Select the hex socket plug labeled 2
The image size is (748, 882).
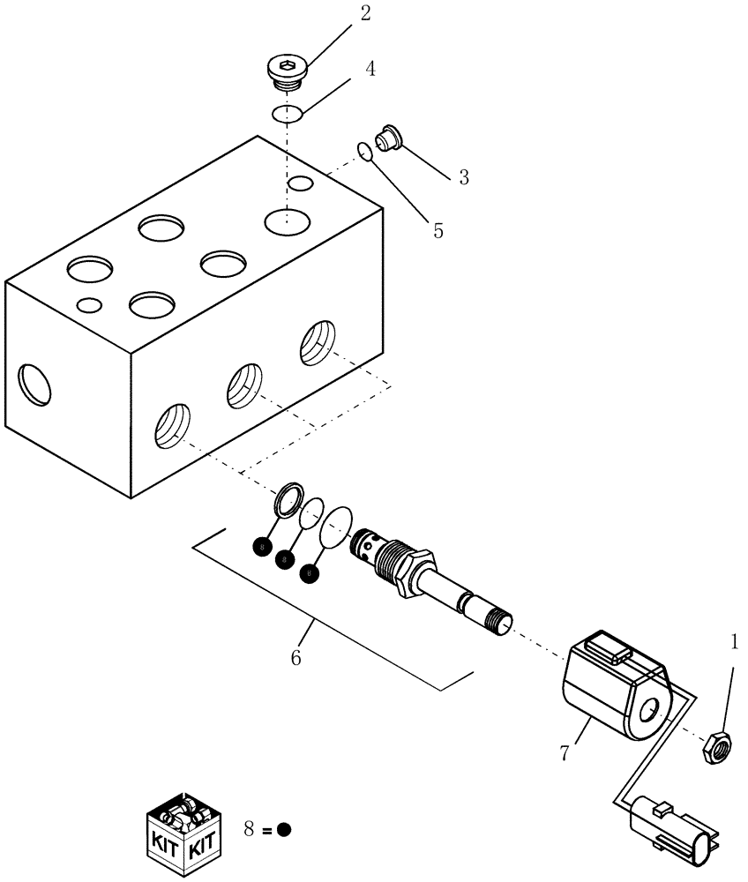click(286, 73)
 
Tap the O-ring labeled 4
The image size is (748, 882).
click(288, 113)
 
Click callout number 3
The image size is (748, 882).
click(463, 177)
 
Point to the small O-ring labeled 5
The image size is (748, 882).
click(364, 152)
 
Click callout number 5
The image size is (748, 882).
click(438, 231)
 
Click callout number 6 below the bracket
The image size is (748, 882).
click(296, 657)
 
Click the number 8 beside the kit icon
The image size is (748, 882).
click(250, 829)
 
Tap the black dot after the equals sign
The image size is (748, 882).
click(283, 830)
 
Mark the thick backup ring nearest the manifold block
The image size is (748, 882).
click(288, 500)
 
